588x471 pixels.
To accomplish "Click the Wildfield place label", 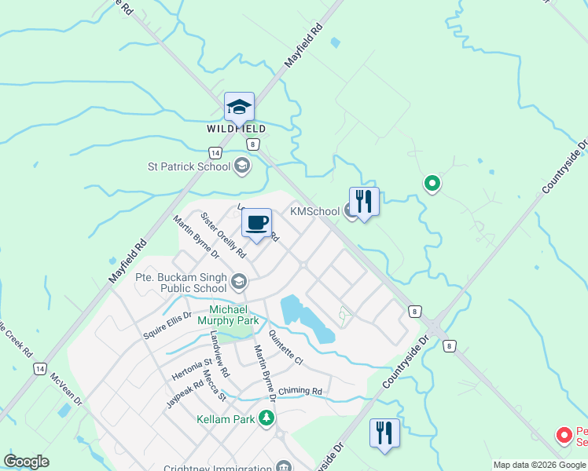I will (x=237, y=129).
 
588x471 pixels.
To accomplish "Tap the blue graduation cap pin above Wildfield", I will (x=239, y=107).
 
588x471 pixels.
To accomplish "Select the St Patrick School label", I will (x=189, y=166).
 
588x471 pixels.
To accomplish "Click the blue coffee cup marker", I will (x=256, y=223).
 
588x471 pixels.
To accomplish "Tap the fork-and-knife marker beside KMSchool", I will (x=364, y=201).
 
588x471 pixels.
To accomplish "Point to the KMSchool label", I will (x=315, y=211).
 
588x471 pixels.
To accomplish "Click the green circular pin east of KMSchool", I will (x=432, y=184).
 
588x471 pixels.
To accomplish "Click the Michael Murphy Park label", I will (x=233, y=316).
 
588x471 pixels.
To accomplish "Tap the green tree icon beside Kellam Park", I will (x=267, y=418).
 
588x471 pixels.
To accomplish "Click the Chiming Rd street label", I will (x=300, y=391).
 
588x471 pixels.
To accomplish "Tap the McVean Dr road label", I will (x=67, y=389).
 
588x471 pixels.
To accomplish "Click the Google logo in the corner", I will (x=26, y=462).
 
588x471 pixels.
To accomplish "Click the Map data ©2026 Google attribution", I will (x=539, y=465).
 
